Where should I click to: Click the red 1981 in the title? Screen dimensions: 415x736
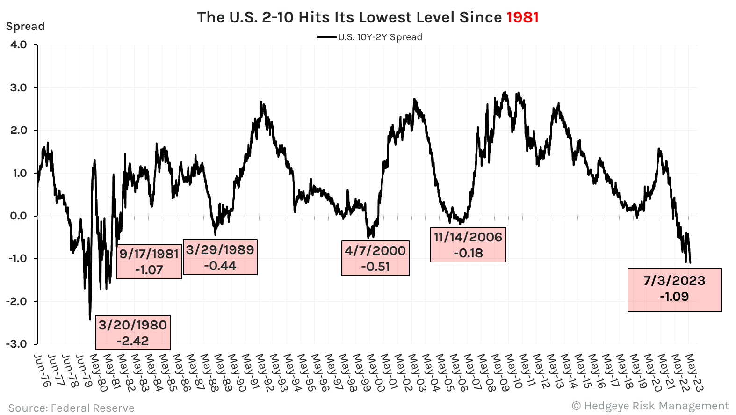tap(523, 17)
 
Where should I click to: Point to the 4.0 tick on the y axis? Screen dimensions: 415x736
tap(19, 45)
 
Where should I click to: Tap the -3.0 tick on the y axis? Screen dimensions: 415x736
tap(17, 344)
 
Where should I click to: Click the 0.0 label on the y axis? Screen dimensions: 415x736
tap(19, 216)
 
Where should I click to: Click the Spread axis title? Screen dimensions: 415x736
tap(25, 26)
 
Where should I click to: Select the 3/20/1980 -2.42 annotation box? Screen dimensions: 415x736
tap(133, 333)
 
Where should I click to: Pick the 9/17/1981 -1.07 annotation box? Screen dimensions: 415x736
tap(149, 262)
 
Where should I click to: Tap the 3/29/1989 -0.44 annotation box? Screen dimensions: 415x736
tap(220, 257)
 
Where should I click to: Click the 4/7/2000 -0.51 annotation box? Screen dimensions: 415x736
tap(375, 258)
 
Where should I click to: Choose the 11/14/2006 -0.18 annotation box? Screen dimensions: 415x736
tap(468, 245)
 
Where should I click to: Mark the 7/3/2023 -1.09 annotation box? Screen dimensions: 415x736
tap(674, 289)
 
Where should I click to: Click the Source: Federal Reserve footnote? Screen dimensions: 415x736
tap(71, 408)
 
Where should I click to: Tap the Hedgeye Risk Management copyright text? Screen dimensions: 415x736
tap(650, 406)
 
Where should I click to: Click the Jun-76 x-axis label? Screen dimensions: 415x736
tap(42, 371)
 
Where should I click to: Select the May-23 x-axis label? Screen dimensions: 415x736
tap(695, 372)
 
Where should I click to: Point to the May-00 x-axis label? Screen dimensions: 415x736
tap(375, 372)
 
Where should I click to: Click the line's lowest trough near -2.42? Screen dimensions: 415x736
tap(90, 319)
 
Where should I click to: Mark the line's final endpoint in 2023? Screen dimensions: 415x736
tap(690, 262)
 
